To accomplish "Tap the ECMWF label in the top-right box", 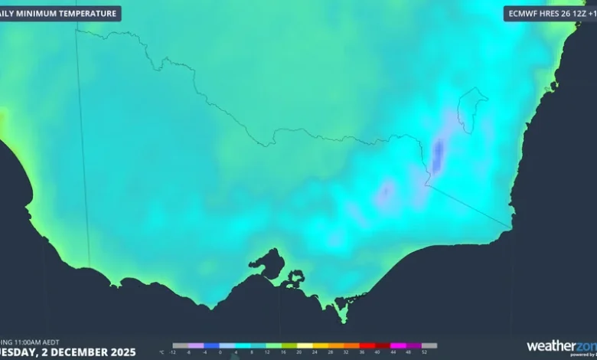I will [523, 14].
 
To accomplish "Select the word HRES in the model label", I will [553, 14].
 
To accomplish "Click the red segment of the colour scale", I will [367, 345].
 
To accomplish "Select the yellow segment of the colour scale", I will [305, 345].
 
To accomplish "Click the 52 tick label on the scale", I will [424, 352].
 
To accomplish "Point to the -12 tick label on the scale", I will [173, 352].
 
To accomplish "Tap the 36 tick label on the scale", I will [361, 352].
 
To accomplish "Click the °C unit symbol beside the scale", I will [161, 352].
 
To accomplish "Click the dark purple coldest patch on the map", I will [437, 155].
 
